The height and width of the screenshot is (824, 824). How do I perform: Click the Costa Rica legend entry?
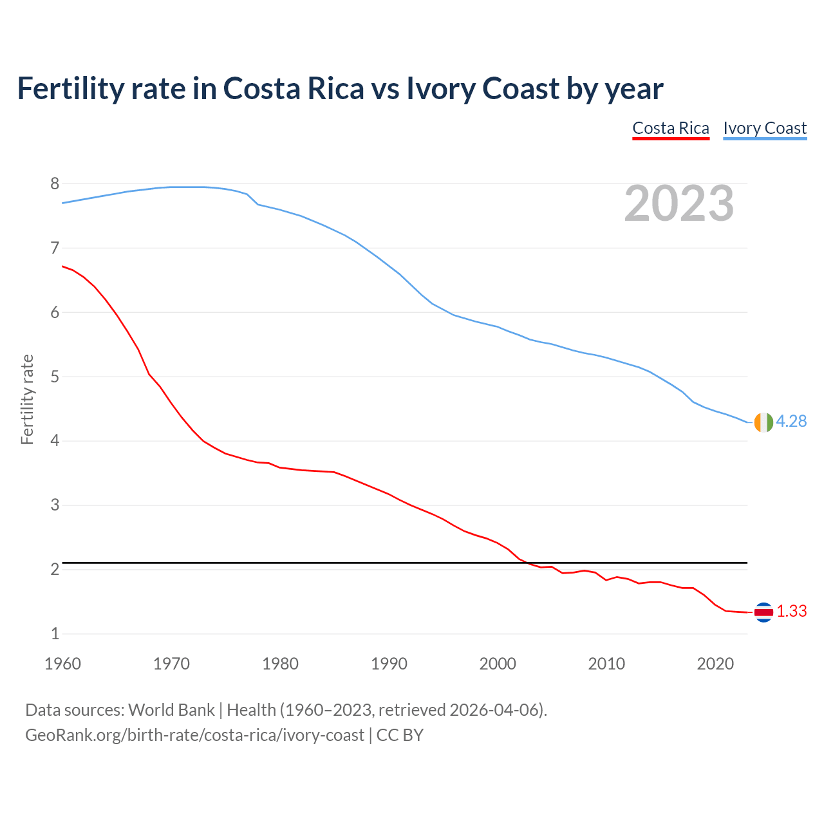click(670, 128)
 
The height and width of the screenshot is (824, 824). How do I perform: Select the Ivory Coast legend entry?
click(765, 128)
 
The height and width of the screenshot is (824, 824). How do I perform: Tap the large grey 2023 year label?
click(679, 203)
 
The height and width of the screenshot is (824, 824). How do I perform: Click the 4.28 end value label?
click(791, 421)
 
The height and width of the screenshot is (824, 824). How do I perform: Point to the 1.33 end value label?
click(791, 611)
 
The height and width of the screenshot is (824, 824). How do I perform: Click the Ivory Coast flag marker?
click(763, 422)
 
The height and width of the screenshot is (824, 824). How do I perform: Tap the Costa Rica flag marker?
click(763, 612)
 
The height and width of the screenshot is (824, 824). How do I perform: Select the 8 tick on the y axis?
click(55, 183)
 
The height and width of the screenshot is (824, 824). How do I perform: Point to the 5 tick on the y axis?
click(55, 377)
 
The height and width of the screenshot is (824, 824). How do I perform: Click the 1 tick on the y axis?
click(55, 633)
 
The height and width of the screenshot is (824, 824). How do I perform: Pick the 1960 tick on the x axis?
click(62, 664)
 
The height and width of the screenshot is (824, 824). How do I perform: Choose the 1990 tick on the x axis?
click(389, 664)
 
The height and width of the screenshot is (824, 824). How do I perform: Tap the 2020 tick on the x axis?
click(715, 664)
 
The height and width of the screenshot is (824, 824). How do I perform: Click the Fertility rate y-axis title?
click(27, 399)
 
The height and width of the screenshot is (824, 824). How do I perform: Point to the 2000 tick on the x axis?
click(498, 664)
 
